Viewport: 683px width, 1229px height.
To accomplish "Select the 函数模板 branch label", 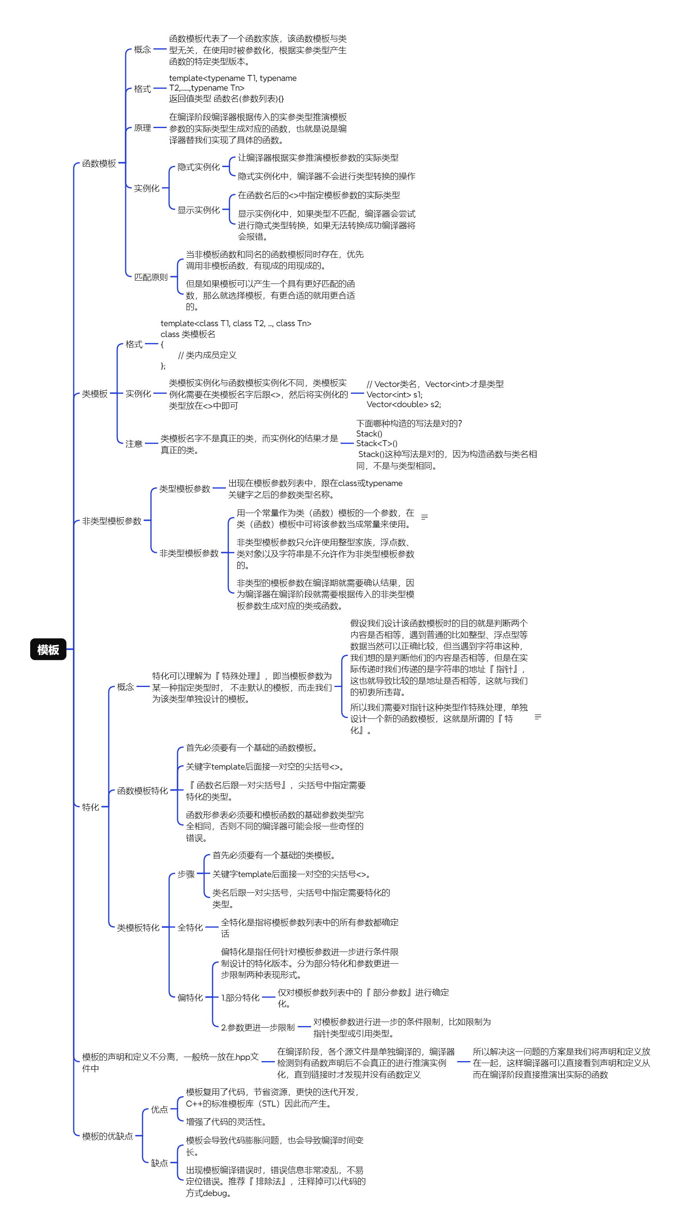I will click(x=99, y=163).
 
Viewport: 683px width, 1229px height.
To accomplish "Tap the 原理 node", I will click(x=142, y=128).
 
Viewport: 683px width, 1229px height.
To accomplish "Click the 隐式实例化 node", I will click(x=199, y=167).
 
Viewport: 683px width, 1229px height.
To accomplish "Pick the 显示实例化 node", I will click(x=199, y=210).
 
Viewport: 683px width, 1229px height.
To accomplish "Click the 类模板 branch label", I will click(x=95, y=393).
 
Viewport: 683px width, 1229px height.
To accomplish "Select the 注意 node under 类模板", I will click(x=134, y=444).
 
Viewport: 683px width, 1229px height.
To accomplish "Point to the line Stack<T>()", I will click(x=377, y=443).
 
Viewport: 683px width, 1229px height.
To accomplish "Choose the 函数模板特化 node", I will click(x=142, y=790).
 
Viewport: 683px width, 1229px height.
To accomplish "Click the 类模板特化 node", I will click(x=138, y=927).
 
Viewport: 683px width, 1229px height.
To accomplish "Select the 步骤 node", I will click(x=186, y=874).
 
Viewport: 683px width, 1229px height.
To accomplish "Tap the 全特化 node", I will click(x=190, y=927).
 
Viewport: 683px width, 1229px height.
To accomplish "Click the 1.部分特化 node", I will click(x=240, y=997).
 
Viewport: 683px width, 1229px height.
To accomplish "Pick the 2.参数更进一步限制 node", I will click(x=258, y=1027).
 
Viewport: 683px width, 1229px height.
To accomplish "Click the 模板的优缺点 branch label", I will click(x=108, y=1136).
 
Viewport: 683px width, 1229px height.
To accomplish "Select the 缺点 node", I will click(x=159, y=1163).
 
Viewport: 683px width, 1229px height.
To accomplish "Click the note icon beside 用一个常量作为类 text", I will click(x=424, y=517).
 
